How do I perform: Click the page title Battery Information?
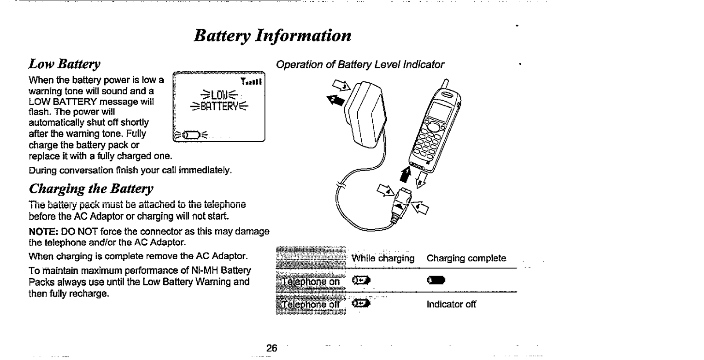[x=272, y=35]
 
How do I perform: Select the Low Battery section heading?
[x=64, y=64]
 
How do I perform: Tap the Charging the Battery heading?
[x=91, y=189]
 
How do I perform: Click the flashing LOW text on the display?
[x=218, y=95]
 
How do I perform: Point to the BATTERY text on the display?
[x=219, y=106]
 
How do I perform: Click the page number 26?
[x=271, y=348]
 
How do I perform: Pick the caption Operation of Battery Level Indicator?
[x=359, y=65]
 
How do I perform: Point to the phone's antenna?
[x=446, y=83]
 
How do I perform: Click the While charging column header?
[x=383, y=258]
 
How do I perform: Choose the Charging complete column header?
[x=466, y=258]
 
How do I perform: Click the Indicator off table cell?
[x=451, y=304]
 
